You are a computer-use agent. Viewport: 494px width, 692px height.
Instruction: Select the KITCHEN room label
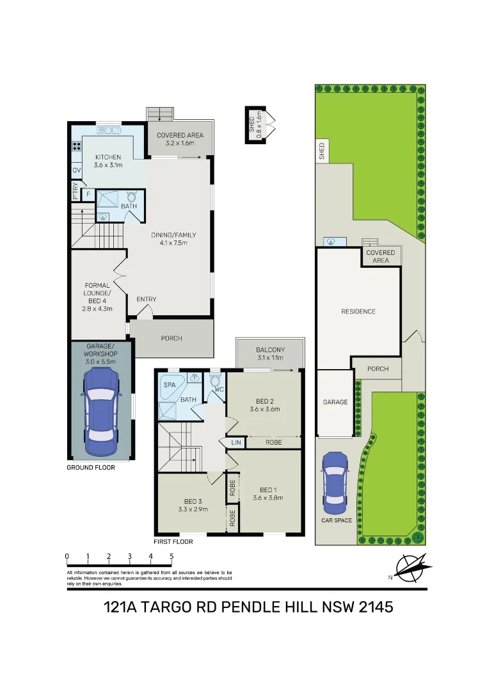(108, 158)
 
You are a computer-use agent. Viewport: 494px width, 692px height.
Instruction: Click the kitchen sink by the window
(108, 131)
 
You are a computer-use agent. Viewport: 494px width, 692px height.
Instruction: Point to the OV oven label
(76, 170)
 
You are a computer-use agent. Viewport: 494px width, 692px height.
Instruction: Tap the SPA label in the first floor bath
(170, 385)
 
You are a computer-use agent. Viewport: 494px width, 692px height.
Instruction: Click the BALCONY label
(270, 350)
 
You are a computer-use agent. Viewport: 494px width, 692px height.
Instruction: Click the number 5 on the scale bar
(171, 556)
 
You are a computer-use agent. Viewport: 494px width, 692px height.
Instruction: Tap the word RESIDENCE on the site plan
(358, 311)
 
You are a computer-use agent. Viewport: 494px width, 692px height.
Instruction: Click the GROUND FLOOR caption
(91, 468)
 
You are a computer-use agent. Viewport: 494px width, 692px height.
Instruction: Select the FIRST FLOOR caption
(173, 541)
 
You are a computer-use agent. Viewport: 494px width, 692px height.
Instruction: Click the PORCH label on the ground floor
(171, 338)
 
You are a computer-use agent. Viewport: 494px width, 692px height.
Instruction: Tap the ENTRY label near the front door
(146, 299)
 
